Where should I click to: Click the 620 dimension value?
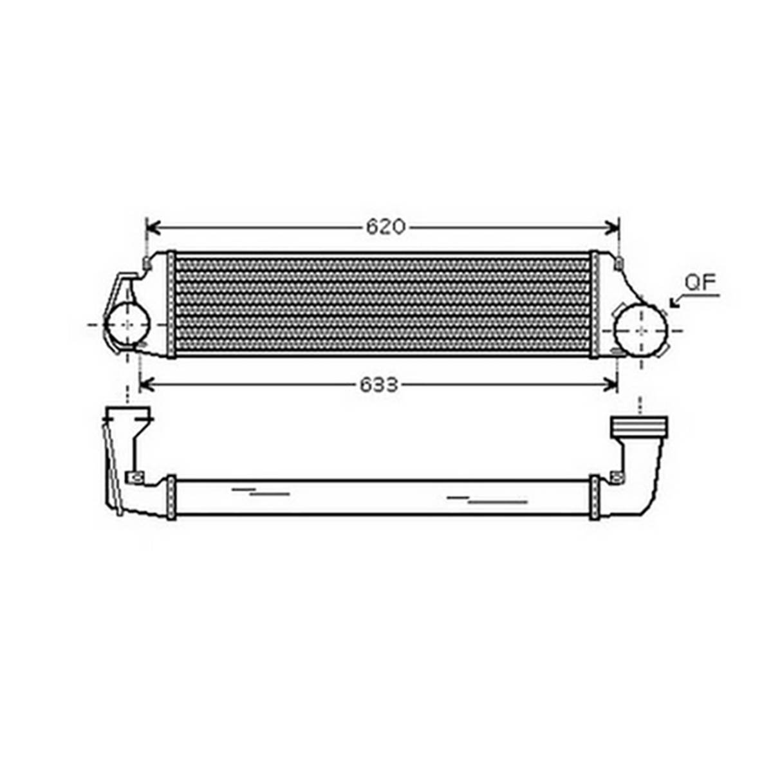(x=386, y=227)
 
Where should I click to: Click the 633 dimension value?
(x=378, y=385)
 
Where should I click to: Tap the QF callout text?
(x=701, y=282)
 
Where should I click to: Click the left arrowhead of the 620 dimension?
(x=154, y=227)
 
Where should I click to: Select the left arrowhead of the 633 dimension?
(x=147, y=385)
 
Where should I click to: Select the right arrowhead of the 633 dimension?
(x=609, y=385)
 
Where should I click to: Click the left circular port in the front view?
(x=127, y=324)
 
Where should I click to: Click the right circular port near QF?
(x=641, y=330)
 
